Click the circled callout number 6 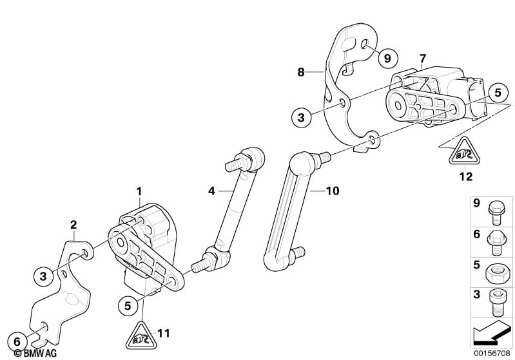pyautogui.click(x=17, y=341)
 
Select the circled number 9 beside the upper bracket pyautogui.click(x=387, y=59)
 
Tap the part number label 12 pyautogui.click(x=466, y=176)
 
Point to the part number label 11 pyautogui.click(x=164, y=334)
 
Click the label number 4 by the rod pyautogui.click(x=211, y=191)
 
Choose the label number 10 pyautogui.click(x=333, y=191)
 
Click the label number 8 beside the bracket pyautogui.click(x=301, y=72)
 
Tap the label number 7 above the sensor pyautogui.click(x=422, y=59)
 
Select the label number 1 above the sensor pyautogui.click(x=139, y=191)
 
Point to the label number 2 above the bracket pyautogui.click(x=73, y=225)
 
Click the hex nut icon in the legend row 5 pyautogui.click(x=496, y=272)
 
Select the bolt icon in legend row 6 pyautogui.click(x=496, y=243)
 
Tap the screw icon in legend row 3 pyautogui.click(x=496, y=303)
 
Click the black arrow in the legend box pyautogui.click(x=491, y=332)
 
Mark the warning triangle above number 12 pyautogui.click(x=465, y=151)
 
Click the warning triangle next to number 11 pyautogui.click(x=141, y=336)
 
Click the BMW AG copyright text pyautogui.click(x=35, y=353)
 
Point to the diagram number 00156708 pyautogui.click(x=492, y=354)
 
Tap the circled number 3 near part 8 pyautogui.click(x=301, y=117)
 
